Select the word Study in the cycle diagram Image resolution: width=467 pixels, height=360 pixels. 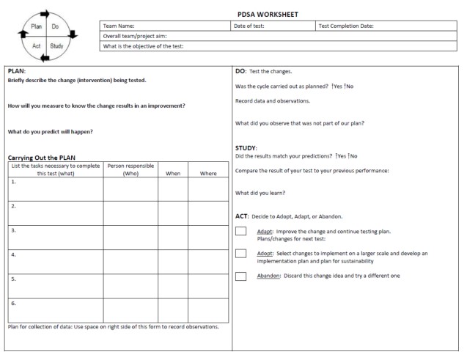click(56, 45)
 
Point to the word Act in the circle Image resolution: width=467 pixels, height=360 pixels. click(37, 45)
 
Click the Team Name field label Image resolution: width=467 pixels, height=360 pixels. click(119, 26)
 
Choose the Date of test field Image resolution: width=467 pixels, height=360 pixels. click(249, 26)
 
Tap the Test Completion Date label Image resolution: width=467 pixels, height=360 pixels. click(346, 26)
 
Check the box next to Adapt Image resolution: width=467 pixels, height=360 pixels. click(240, 232)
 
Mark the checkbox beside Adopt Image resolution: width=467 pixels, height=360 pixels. click(240, 254)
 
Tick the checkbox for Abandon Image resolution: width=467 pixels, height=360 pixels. click(240, 276)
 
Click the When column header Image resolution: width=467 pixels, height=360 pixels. click(172, 174)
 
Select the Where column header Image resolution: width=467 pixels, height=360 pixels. click(208, 174)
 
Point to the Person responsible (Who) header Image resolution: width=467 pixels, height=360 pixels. click(130, 170)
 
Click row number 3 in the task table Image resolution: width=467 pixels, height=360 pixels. click(13, 229)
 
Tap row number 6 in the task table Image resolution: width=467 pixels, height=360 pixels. click(13, 302)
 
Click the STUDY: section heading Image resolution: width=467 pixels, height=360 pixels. click(246, 147)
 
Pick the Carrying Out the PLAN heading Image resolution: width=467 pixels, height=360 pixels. click(42, 158)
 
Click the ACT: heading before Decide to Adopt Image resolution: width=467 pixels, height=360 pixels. click(242, 216)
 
